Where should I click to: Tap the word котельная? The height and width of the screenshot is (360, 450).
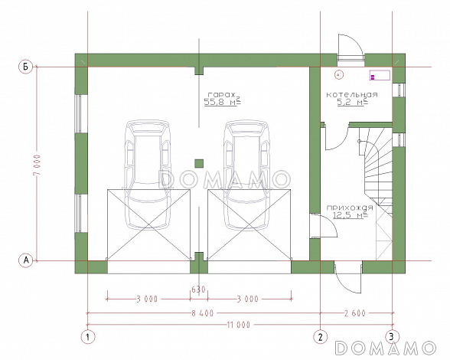pos(352,94)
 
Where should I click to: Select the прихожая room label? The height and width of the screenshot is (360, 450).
pos(350,208)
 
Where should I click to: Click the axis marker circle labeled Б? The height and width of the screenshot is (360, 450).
pos(26,67)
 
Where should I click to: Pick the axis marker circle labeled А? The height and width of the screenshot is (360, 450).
pos(26,260)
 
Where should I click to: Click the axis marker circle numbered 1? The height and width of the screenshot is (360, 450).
pos(87,336)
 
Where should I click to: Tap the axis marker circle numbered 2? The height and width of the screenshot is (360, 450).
pos(320,336)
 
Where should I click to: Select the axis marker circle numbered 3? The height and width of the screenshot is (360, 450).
pos(393,336)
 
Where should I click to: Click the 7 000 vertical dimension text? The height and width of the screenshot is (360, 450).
pos(37,165)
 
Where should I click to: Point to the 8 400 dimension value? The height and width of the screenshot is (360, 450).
pos(203,313)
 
